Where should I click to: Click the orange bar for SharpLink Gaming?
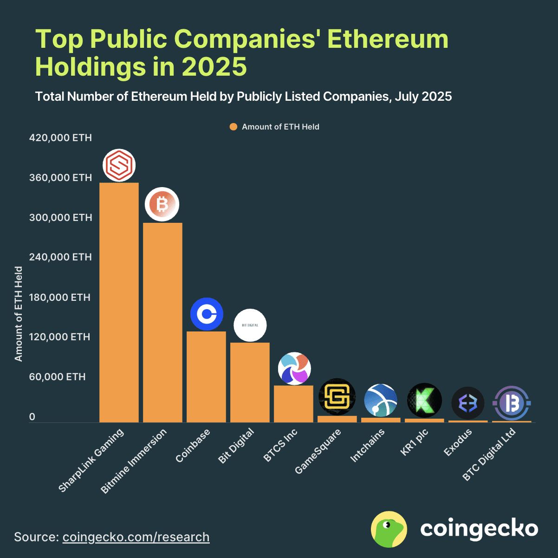click(119, 302)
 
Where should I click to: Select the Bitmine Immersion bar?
click(162, 322)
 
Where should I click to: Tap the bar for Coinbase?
click(206, 376)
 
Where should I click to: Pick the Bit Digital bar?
click(250, 382)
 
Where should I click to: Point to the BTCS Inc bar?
click(293, 403)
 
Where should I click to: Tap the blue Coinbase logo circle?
click(207, 314)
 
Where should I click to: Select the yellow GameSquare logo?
click(337, 397)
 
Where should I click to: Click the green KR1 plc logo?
click(424, 400)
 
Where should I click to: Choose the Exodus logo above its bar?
click(467, 403)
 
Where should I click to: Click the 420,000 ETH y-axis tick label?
click(60, 138)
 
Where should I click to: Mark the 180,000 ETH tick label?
click(60, 297)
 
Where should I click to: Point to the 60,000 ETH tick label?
click(58, 376)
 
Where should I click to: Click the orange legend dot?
click(234, 127)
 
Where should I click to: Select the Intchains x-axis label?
click(368, 446)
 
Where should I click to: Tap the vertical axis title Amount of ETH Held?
click(19, 314)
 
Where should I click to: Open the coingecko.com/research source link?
click(136, 537)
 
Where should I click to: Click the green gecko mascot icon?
click(389, 529)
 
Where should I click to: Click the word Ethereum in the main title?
click(388, 39)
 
